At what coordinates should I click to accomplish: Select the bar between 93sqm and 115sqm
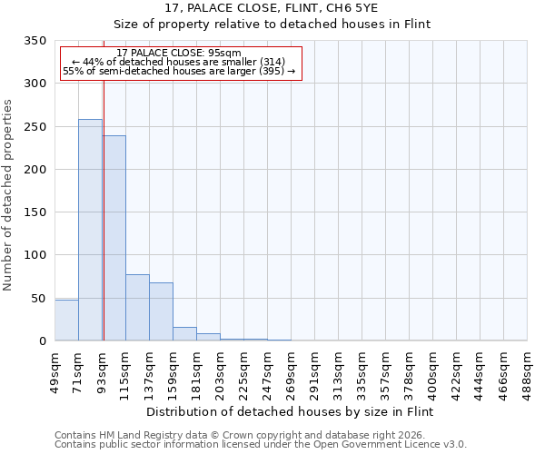(114, 238)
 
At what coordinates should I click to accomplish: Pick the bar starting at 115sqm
(137, 307)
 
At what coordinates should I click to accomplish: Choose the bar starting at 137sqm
(161, 311)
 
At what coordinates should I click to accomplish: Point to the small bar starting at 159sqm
(184, 333)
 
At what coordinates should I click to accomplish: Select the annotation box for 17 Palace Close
(180, 63)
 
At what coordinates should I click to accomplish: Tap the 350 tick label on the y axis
(35, 41)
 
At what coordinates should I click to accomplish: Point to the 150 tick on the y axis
(35, 212)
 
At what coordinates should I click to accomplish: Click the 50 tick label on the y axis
(37, 298)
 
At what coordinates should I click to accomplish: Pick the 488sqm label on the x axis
(527, 372)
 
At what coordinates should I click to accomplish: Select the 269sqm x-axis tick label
(291, 372)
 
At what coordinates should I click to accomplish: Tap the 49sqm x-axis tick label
(54, 372)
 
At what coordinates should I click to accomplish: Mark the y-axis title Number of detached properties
(8, 195)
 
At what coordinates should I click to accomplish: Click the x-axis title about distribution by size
(291, 411)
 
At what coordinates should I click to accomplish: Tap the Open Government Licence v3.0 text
(400, 444)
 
